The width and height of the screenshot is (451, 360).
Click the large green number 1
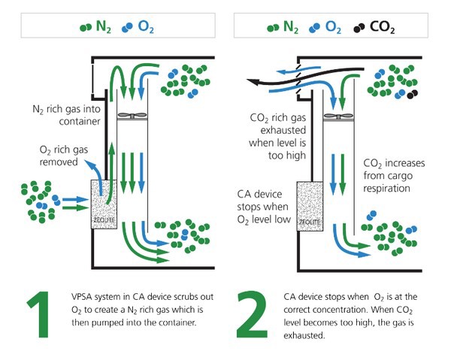coord(35,308)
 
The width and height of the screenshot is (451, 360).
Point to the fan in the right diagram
coord(338,115)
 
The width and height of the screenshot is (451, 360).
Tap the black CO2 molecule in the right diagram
coord(411,95)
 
